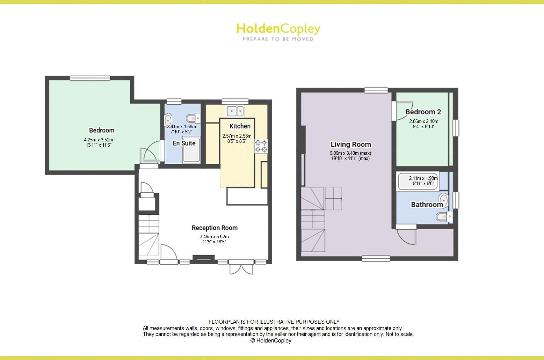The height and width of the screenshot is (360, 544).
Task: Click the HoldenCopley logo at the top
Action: [278, 31]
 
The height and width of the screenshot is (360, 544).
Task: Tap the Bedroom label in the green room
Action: [102, 130]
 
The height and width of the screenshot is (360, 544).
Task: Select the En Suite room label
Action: [184, 143]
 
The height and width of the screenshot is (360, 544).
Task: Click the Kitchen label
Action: [240, 126]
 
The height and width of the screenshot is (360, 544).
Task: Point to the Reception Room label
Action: [215, 228]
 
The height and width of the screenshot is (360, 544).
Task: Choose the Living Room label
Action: [351, 145]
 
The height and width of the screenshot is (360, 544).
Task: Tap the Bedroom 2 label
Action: [423, 112]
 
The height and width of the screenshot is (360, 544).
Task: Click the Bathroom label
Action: [427, 205]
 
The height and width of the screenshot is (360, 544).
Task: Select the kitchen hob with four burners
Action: [261, 146]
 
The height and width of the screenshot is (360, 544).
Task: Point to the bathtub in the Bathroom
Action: [418, 182]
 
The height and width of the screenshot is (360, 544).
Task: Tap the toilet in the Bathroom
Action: [442, 217]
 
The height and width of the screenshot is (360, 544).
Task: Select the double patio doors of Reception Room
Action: [241, 267]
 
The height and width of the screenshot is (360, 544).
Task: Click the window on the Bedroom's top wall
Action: [90, 78]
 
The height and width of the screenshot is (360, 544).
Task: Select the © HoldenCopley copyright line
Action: [271, 340]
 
